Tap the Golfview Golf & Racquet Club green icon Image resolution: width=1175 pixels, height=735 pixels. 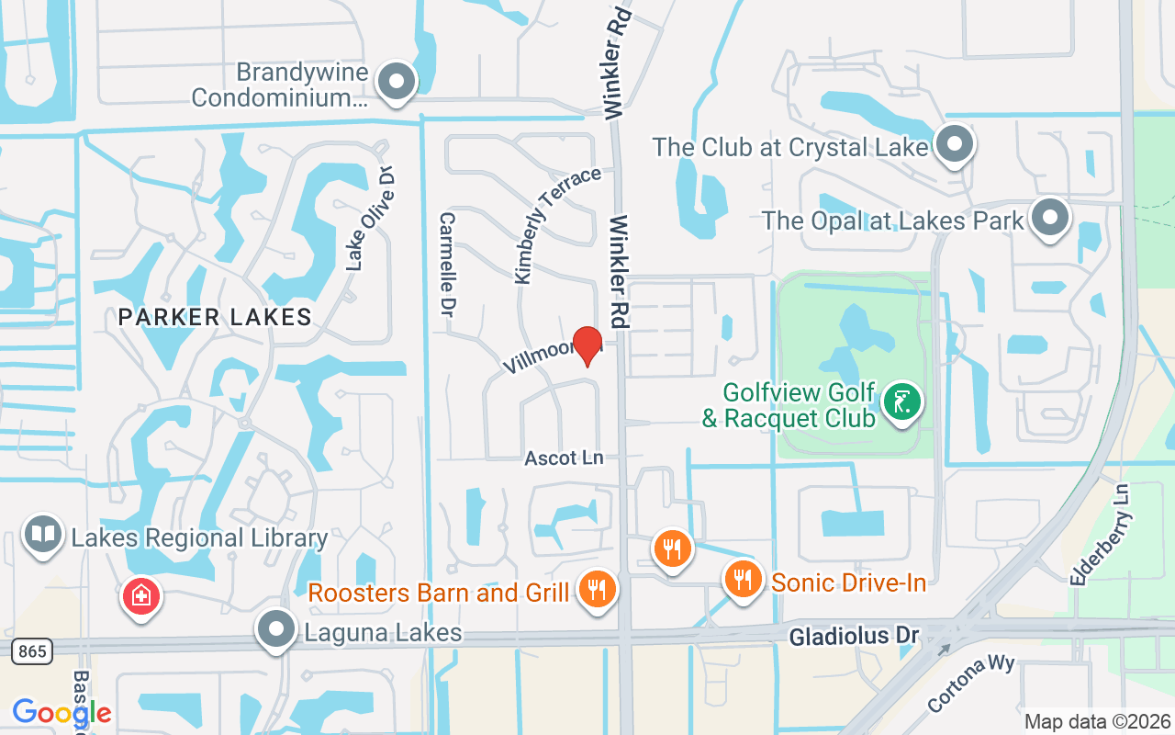[x=902, y=402]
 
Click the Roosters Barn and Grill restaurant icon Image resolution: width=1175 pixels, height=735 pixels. [x=598, y=589]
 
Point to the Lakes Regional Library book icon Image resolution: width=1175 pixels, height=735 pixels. [x=42, y=534]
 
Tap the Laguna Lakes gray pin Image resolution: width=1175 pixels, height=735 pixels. [x=275, y=630]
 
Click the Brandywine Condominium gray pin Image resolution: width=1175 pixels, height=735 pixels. [x=397, y=81]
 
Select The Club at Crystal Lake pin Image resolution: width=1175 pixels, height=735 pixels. [x=955, y=144]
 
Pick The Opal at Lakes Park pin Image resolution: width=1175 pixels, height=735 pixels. [x=1050, y=218]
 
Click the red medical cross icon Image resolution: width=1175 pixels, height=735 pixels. [x=141, y=596]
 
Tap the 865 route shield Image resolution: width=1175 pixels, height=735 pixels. [x=31, y=651]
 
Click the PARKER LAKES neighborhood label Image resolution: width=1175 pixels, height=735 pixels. [x=215, y=318]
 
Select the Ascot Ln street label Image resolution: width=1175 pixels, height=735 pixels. [x=564, y=458]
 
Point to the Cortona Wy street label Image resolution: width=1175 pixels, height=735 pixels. [x=969, y=683]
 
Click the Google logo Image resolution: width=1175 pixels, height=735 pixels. [x=62, y=712]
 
